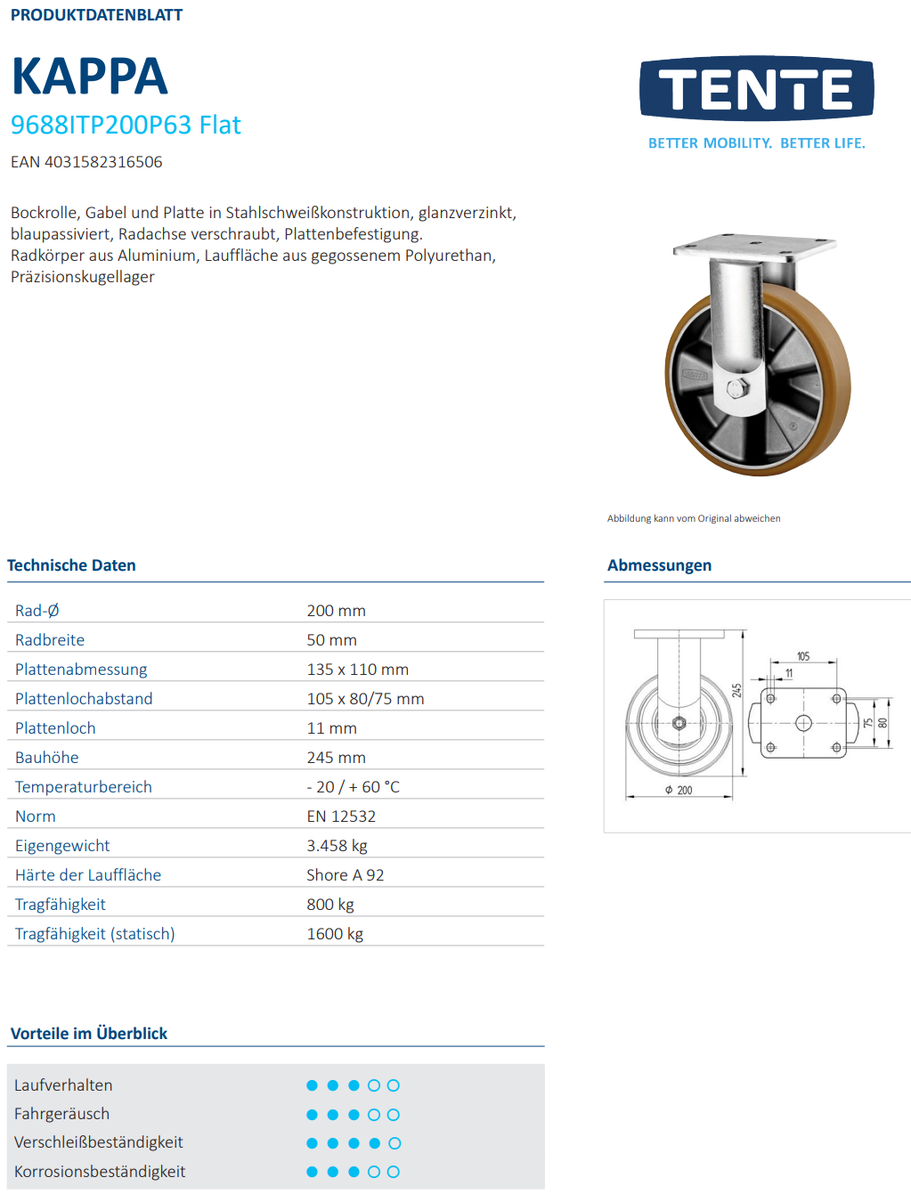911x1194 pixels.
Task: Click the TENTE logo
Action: (756, 89)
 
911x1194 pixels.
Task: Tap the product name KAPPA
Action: (89, 77)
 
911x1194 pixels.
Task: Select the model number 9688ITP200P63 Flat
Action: (126, 125)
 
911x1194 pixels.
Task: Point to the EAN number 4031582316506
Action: (86, 162)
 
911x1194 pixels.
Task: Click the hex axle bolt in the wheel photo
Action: (738, 388)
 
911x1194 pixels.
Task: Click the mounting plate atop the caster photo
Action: (754, 247)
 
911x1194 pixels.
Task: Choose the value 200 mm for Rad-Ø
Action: (336, 611)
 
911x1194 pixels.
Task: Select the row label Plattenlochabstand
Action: (84, 699)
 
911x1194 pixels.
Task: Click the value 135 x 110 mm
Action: (357, 670)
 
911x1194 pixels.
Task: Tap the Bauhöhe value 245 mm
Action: (336, 758)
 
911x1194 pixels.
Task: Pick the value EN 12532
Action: (341, 816)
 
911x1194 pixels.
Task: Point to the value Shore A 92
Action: (345, 875)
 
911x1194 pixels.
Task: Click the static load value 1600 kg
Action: (335, 934)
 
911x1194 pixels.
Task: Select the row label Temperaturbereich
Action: (84, 787)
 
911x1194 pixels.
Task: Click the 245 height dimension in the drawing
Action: (736, 690)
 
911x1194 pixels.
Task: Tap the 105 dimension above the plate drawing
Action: (803, 657)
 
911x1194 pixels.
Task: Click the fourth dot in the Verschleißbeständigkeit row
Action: (374, 1143)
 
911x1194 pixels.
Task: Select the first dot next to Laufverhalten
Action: (312, 1085)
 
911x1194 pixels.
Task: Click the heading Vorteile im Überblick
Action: (89, 1034)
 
